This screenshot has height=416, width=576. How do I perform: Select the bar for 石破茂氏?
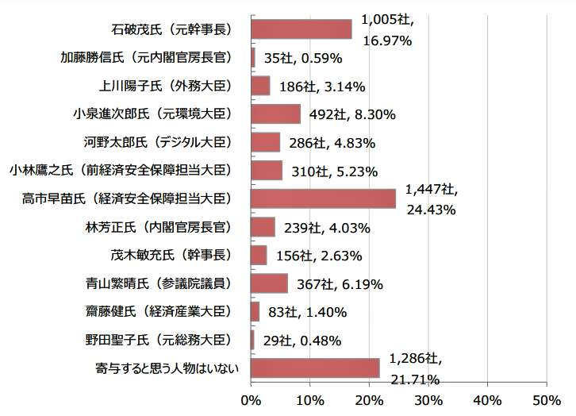[x=301, y=29]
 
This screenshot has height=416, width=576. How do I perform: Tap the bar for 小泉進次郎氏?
[x=275, y=114]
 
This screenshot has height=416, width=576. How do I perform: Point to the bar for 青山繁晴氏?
[x=269, y=283]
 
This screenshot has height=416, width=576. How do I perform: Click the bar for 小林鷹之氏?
[x=266, y=171]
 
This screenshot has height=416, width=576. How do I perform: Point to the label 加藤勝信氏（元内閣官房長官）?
[x=146, y=57]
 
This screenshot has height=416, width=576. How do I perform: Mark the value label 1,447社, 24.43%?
[x=431, y=199]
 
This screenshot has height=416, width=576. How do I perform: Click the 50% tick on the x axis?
[x=547, y=399]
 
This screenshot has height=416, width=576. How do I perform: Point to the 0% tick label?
[x=251, y=399]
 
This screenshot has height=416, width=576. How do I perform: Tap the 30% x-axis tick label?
[x=428, y=399]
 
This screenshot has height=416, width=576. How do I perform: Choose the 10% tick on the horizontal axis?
[x=309, y=399]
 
